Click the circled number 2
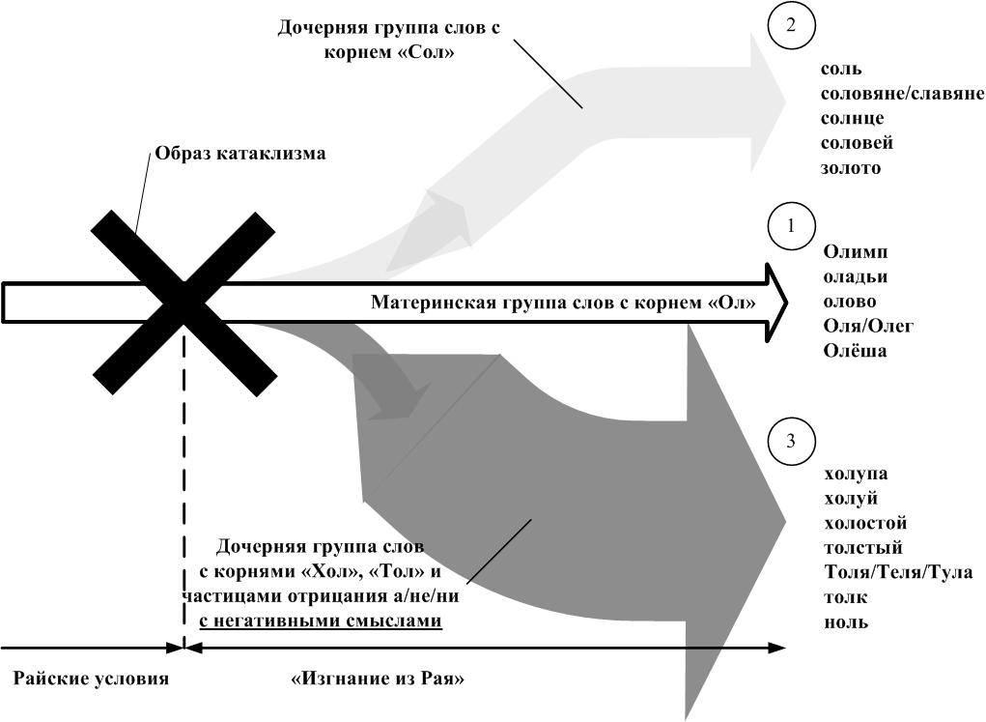[790, 26]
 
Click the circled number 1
[791, 226]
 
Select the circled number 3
[791, 442]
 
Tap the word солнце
[852, 118]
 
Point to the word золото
[851, 168]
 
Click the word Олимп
[856, 252]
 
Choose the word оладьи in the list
[856, 277]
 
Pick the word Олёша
[855, 351]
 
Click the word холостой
[865, 523]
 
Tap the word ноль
[846, 621]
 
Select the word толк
[846, 597]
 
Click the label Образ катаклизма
[240, 154]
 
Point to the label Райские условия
[91, 679]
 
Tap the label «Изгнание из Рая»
[378, 679]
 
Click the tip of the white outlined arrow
[787, 303]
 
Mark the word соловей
[857, 143]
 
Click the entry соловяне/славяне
[902, 94]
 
